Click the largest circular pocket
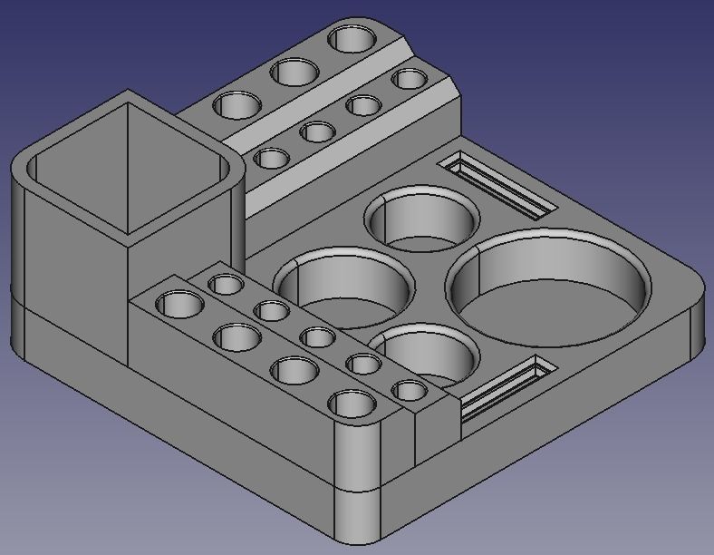549,288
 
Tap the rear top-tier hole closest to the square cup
238,104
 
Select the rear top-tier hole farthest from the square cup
352,39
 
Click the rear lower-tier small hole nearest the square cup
271,160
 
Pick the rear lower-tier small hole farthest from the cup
410,79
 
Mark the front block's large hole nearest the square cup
180,304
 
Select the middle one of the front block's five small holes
318,338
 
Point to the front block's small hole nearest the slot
410,391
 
